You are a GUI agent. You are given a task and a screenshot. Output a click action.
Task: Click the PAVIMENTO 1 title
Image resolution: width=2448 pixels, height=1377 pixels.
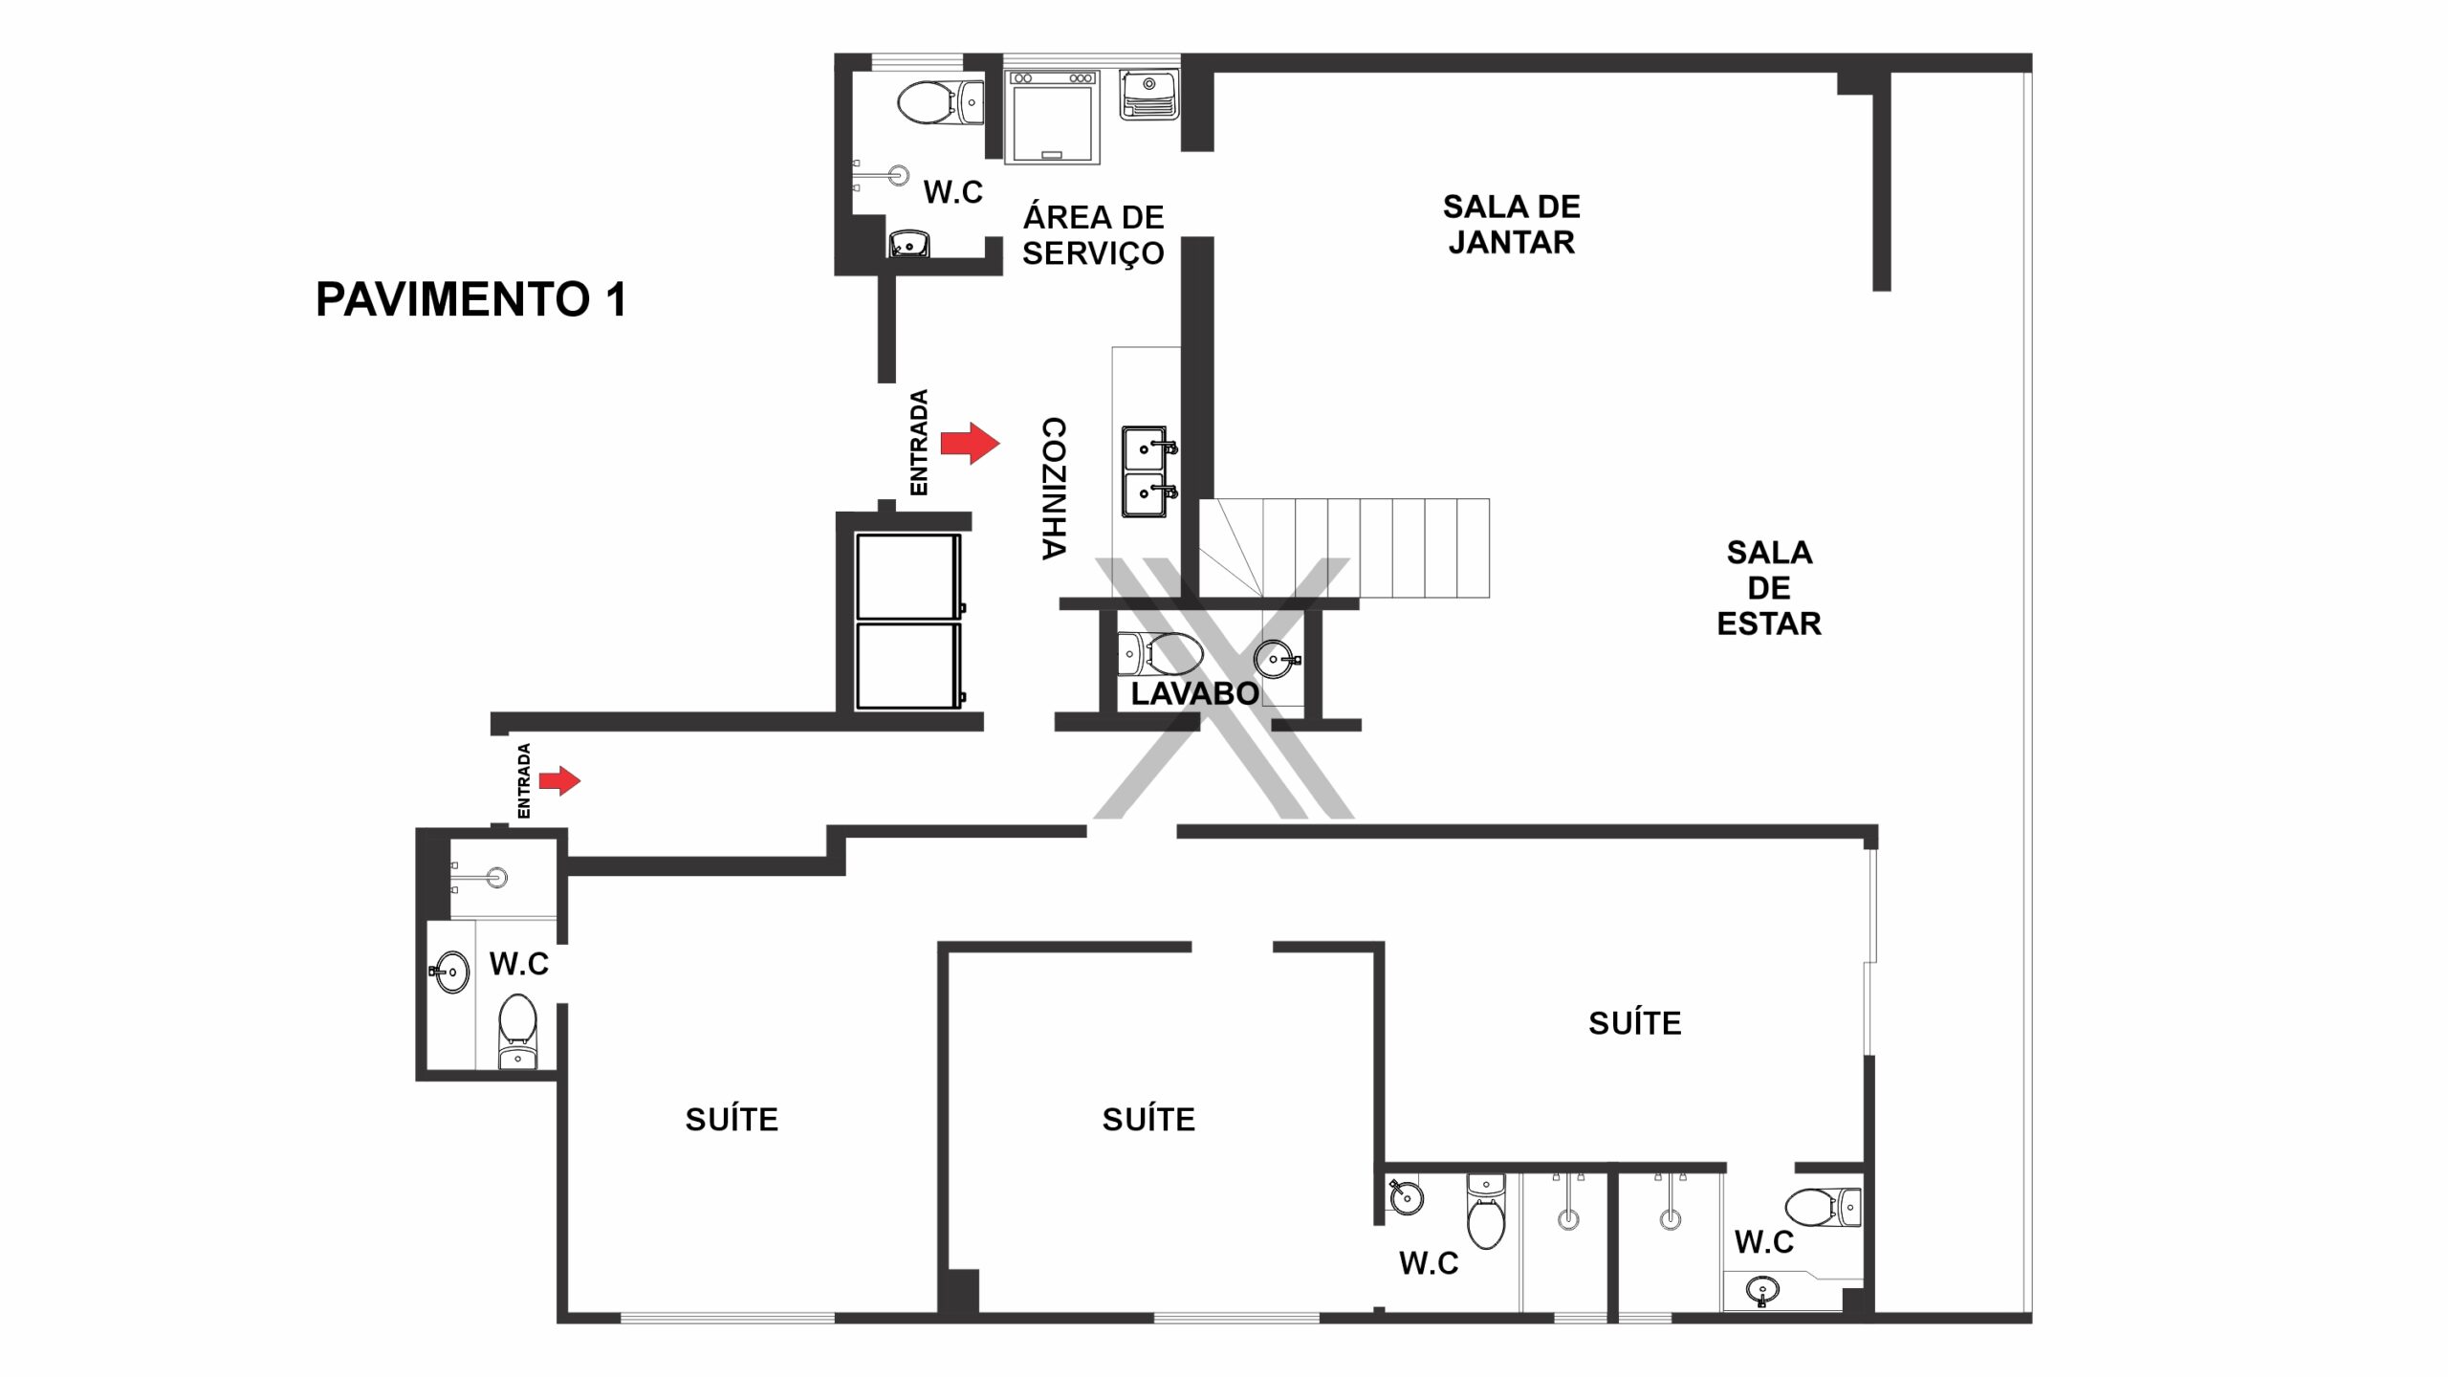click(x=471, y=299)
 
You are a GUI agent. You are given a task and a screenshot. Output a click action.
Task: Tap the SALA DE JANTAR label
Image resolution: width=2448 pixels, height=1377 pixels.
click(x=1511, y=224)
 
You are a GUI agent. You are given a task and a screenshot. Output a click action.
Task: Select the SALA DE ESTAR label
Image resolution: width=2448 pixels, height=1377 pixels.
click(x=1769, y=587)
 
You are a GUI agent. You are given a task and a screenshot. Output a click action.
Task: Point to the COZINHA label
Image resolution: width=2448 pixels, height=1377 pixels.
click(x=1053, y=488)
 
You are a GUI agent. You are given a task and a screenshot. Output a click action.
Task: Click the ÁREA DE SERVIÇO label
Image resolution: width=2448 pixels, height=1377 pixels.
click(x=1093, y=234)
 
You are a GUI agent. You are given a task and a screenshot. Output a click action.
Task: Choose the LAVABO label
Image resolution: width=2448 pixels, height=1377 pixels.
click(x=1195, y=693)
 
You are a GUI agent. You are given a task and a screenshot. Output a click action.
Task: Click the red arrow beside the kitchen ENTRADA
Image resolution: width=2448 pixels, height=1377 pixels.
click(x=970, y=443)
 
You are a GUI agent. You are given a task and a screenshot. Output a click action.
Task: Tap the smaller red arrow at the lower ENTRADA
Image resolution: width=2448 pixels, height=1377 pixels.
click(x=559, y=780)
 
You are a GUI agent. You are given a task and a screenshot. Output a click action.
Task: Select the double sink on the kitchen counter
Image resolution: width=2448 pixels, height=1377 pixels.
click(x=1147, y=471)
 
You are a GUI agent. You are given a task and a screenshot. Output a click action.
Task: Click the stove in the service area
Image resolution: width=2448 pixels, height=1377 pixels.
click(x=1052, y=117)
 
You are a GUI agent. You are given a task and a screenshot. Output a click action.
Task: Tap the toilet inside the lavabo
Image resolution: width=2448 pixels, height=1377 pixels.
click(x=1160, y=655)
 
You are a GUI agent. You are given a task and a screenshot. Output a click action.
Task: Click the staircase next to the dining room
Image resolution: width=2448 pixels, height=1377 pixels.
click(x=1344, y=548)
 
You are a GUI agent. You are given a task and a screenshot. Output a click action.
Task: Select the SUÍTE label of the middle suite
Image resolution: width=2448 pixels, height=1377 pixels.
click(x=1148, y=1119)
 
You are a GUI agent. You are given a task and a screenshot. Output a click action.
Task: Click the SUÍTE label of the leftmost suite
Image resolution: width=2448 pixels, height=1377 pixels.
click(x=732, y=1119)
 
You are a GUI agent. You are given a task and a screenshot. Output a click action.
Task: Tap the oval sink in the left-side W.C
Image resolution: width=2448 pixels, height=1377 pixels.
click(x=450, y=973)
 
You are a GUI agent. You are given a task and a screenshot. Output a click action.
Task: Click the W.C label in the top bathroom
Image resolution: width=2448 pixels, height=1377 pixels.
click(x=952, y=192)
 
